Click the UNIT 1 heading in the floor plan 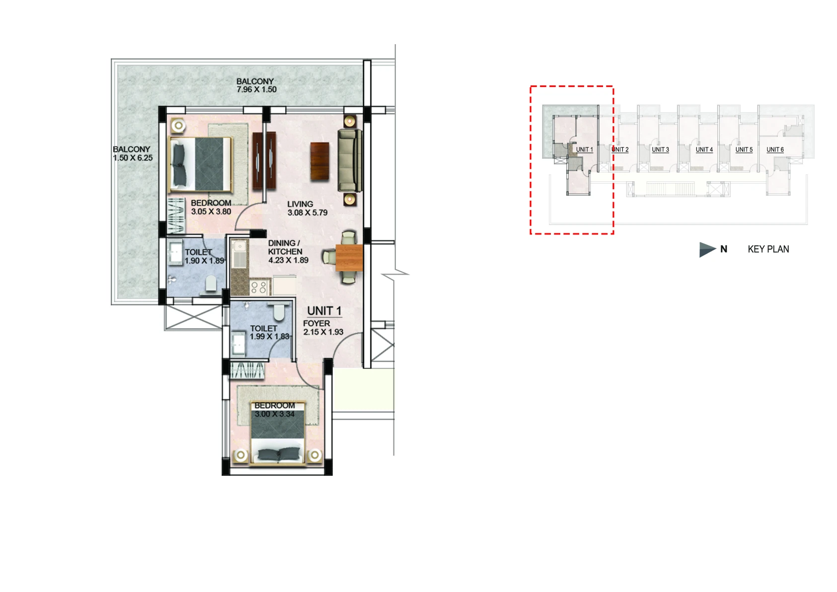coord(324,311)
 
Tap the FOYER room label coord(316,323)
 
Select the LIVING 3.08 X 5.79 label coord(307,209)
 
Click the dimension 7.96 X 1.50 coord(256,89)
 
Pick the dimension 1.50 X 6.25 coord(133,158)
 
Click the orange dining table coord(349,258)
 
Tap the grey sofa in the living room coord(350,160)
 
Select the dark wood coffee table coord(320,161)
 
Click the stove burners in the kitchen coord(259,287)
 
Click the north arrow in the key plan coord(707,249)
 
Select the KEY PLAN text coord(768,249)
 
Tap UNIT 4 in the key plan coord(704,149)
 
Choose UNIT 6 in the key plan coord(775,149)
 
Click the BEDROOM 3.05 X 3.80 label coord(211,207)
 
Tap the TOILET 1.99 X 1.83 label coord(269,332)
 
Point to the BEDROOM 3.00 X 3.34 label coord(275,410)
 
